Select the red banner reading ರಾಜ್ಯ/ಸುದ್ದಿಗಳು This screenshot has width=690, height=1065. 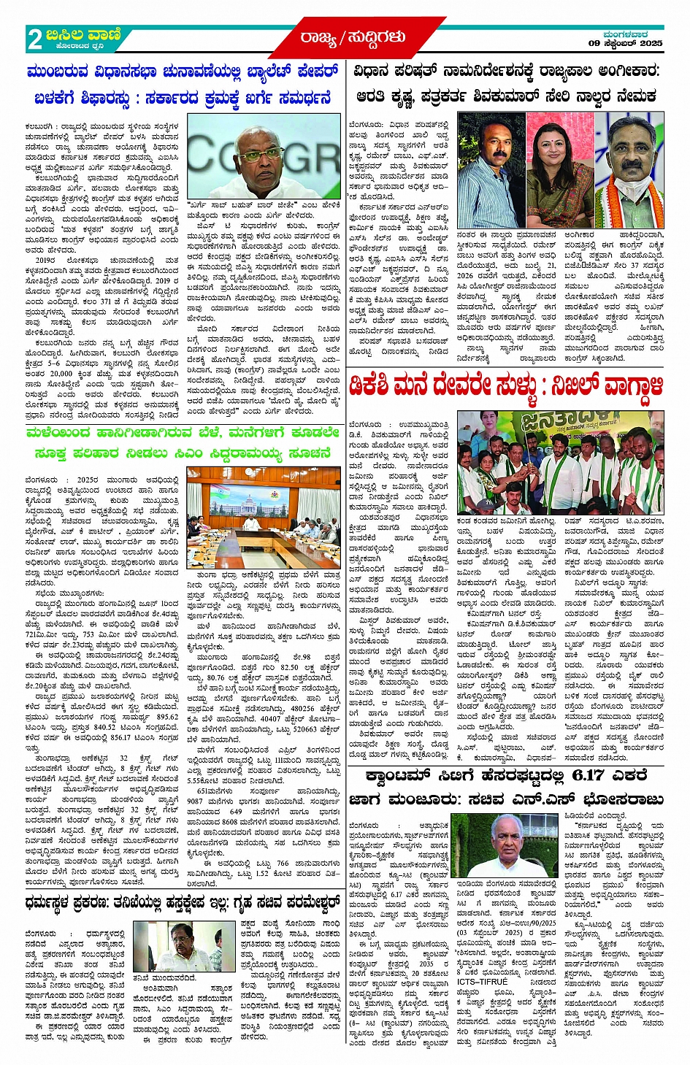(351, 36)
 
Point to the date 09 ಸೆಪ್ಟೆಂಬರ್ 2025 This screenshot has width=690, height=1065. (626, 44)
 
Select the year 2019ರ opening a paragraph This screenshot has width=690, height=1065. (45, 259)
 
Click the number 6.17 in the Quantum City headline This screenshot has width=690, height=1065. (574, 774)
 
